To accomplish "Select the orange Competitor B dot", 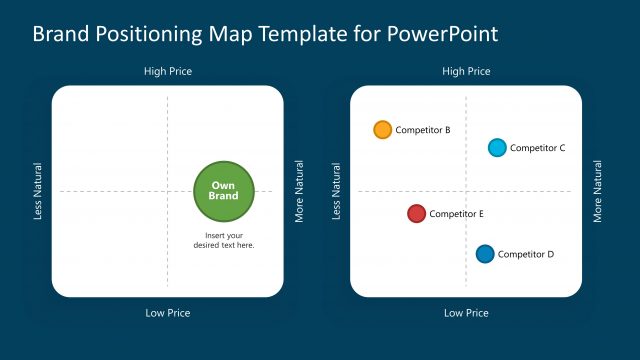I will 382,130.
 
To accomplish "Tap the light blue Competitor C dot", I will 497,148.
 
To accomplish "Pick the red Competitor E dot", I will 417,214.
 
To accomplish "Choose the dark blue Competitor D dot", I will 485,254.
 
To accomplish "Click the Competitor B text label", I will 423,130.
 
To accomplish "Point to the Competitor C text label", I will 538,148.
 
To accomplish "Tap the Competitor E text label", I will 457,214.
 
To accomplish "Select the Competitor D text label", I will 526,254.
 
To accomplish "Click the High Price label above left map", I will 168,71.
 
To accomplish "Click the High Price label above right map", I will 466,71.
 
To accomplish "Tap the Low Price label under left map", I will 168,313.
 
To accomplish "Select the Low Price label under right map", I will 466,313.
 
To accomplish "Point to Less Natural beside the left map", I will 38,191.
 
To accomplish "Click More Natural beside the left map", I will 299,191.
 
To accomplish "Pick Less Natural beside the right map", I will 337,191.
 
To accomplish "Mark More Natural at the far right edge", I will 598,191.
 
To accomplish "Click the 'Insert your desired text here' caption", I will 224,240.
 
